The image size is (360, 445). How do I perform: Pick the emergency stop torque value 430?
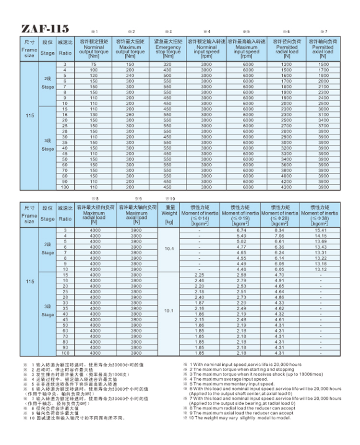click(x=167, y=70)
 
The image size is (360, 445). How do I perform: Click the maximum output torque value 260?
click(x=130, y=114)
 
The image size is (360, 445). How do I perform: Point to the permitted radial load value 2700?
click(x=286, y=125)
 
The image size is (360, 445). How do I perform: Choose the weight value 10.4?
click(x=168, y=249)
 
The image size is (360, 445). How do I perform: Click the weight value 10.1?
click(x=168, y=311)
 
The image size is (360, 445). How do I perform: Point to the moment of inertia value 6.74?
click(x=240, y=230)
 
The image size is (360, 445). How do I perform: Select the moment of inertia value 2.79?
click(x=240, y=280)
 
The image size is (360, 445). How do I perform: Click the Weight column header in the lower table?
click(x=168, y=214)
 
